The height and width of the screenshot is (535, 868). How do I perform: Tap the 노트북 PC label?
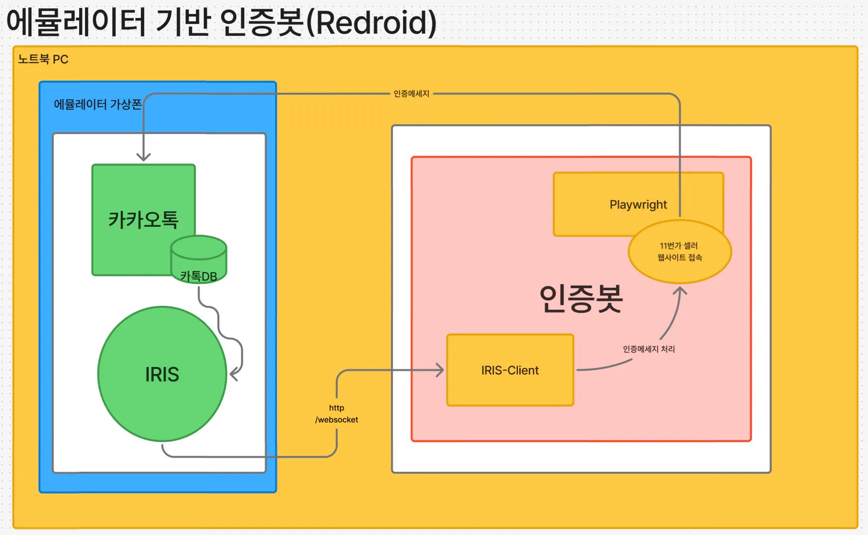click(x=43, y=59)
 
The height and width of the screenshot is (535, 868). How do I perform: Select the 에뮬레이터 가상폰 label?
click(x=97, y=104)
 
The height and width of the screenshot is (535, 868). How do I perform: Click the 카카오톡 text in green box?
click(x=143, y=220)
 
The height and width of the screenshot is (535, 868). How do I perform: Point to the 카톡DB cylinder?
click(x=198, y=260)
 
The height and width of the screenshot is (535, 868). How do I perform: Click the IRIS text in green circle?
click(x=162, y=375)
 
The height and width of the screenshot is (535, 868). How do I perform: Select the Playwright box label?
click(x=638, y=205)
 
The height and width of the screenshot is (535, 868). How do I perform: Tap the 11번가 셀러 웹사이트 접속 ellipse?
click(x=679, y=252)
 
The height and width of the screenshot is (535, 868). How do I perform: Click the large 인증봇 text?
click(x=581, y=298)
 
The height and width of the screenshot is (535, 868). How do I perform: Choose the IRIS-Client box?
click(x=510, y=370)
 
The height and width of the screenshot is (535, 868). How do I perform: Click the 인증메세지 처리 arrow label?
click(x=649, y=349)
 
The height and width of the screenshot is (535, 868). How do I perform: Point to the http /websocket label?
click(x=337, y=414)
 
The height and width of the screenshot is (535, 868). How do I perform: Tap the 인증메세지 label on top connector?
click(x=411, y=94)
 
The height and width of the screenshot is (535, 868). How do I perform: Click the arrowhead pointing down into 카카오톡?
click(x=144, y=157)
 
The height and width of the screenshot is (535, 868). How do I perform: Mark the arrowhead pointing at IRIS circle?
click(x=233, y=374)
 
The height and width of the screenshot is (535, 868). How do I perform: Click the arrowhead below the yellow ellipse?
click(x=680, y=290)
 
